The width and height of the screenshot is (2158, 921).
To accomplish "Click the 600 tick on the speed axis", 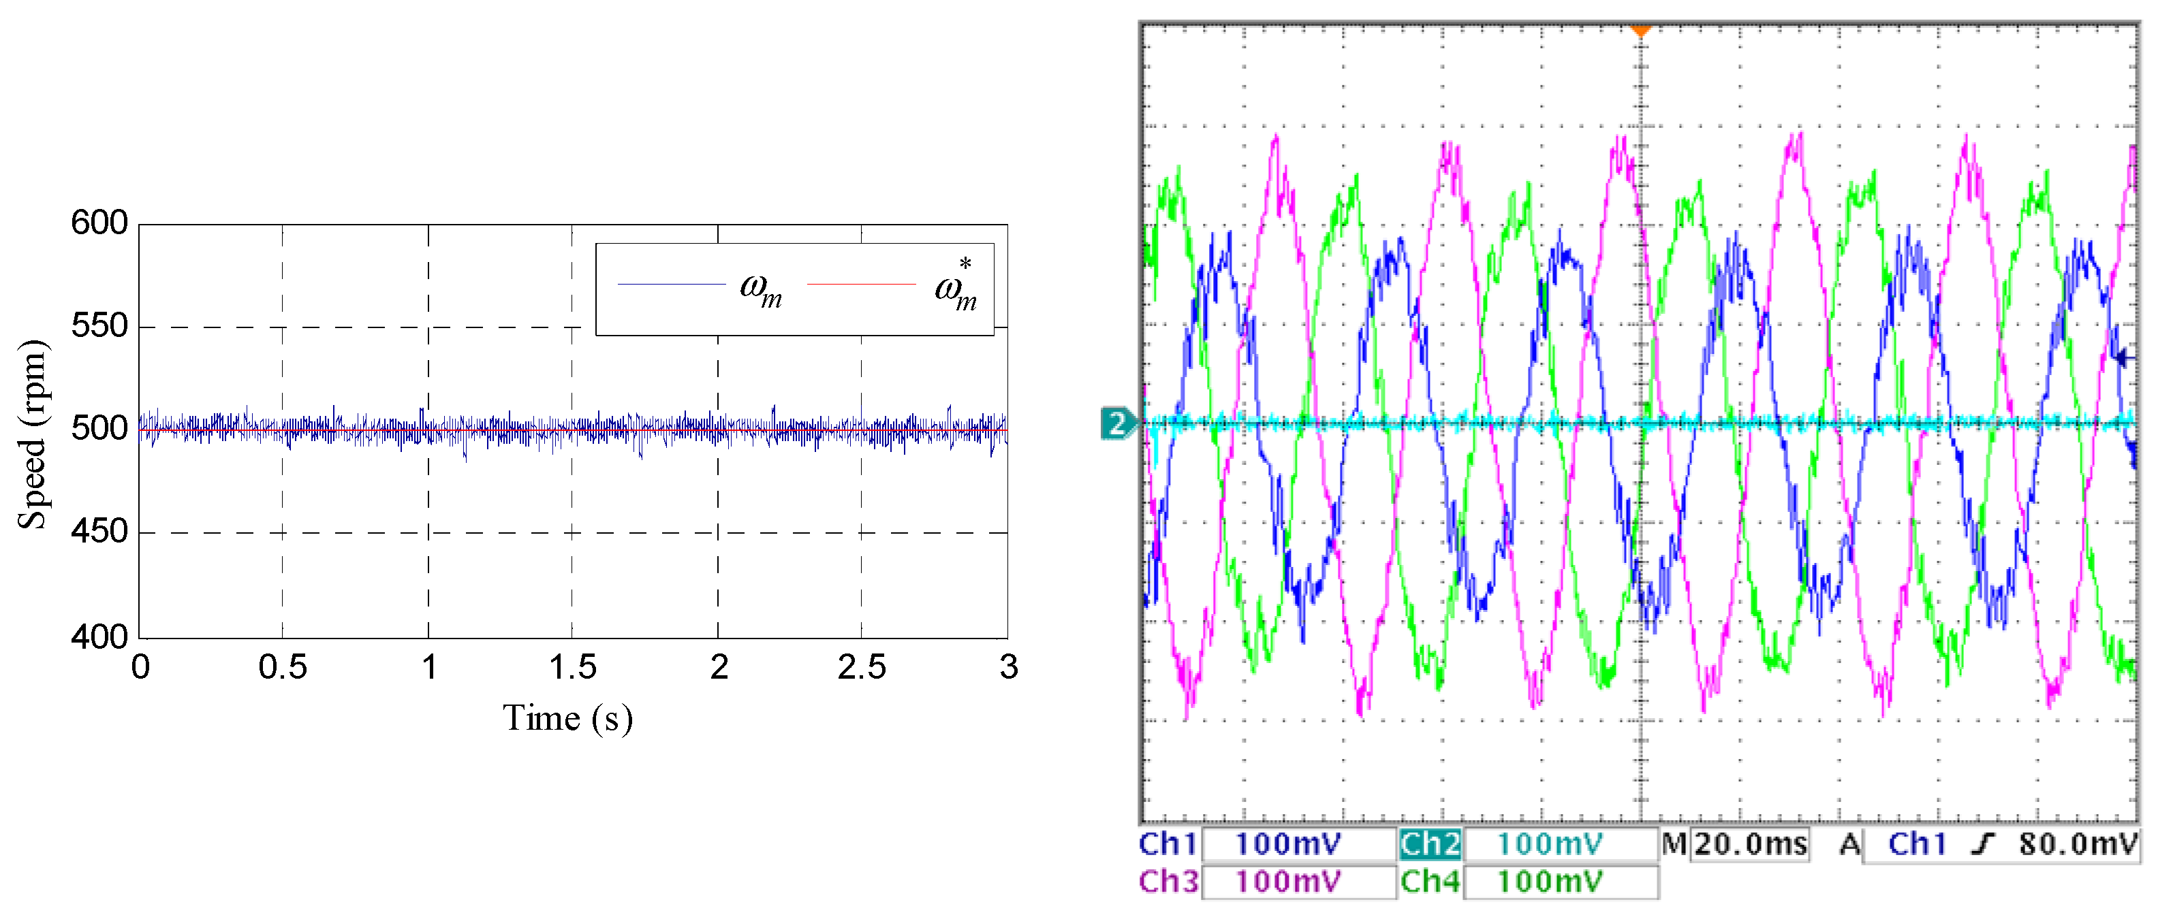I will coord(99,223).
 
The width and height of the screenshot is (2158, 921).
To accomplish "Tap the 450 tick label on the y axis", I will coord(99,531).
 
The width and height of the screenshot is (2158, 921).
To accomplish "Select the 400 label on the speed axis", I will coord(99,637).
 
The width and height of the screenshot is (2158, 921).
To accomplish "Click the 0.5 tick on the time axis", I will coord(282,667).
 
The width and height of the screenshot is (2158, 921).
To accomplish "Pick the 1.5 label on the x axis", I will coord(572,667).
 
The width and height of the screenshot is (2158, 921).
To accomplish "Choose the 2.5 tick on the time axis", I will coord(861,667).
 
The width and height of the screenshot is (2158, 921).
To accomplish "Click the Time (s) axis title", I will coord(567,718).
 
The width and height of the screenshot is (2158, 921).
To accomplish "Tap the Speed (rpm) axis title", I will coord(33,434).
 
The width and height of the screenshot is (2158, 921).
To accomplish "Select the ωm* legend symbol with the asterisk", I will coord(956,287).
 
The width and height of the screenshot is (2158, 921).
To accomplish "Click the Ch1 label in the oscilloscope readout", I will coord(1167,844).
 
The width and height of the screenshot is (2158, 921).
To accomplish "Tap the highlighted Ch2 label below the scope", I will coord(1429,844).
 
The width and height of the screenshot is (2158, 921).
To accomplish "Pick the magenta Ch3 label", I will coord(1168,882).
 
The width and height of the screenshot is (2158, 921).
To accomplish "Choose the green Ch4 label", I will coord(1429,882).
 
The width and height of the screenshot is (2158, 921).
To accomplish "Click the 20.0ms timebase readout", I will coord(1750,844).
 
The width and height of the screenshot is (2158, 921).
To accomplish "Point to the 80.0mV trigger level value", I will coord(2077,844).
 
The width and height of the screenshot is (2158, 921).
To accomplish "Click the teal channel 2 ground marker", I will coord(1116,423).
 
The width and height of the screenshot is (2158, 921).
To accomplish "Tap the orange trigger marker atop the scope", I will coord(1640,32).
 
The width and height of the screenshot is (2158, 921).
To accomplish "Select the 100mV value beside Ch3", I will coord(1287,882).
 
